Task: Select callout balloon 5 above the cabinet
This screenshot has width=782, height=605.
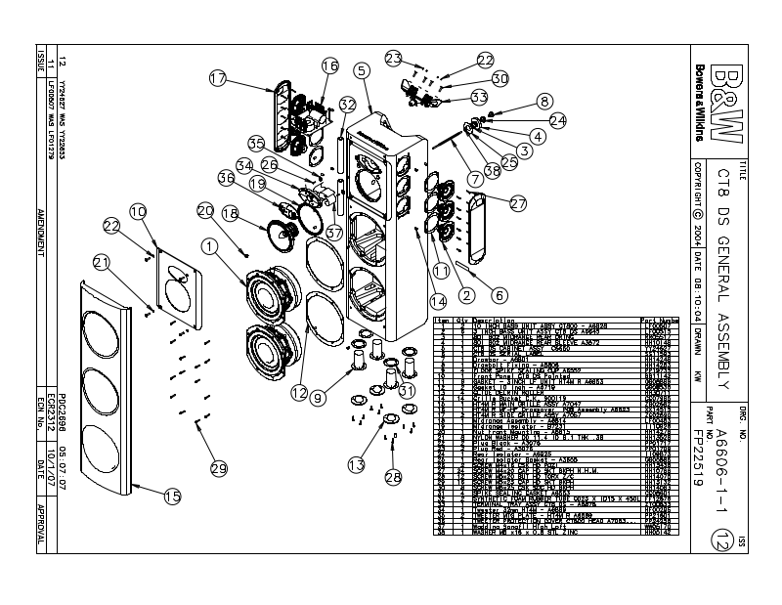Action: pos(361,69)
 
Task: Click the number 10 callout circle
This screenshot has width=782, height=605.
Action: pos(138,210)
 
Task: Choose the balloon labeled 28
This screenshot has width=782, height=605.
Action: pos(393,476)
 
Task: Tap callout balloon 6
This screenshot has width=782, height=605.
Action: pos(500,293)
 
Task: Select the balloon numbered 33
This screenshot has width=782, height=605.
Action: pos(479,97)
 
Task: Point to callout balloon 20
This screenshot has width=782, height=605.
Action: pos(205,209)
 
